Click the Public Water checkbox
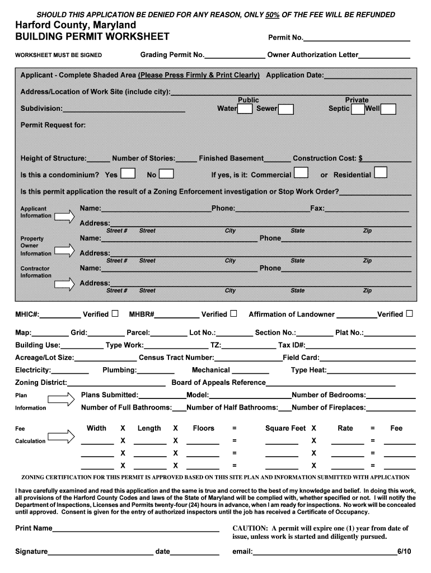[245, 109]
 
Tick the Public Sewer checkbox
[286, 109]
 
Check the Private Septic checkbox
[358, 109]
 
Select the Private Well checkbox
[388, 109]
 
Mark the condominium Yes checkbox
[128, 173]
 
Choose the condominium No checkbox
[167, 174]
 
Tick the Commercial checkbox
[301, 173]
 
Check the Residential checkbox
[381, 172]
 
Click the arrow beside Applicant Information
[63, 215]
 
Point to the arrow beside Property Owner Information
[63, 252]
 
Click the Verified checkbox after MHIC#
[115, 313]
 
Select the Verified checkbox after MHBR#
[233, 313]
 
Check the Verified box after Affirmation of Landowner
[410, 313]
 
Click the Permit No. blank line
[357, 40]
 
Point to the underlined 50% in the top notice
[273, 15]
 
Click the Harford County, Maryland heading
[76, 26]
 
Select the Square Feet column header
[285, 428]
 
